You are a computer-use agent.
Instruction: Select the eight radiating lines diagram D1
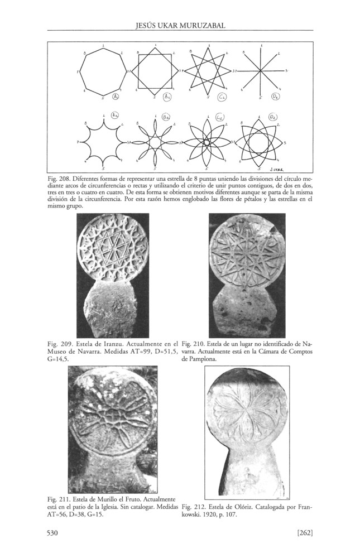[262, 71]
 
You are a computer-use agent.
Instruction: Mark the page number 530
[54, 534]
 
